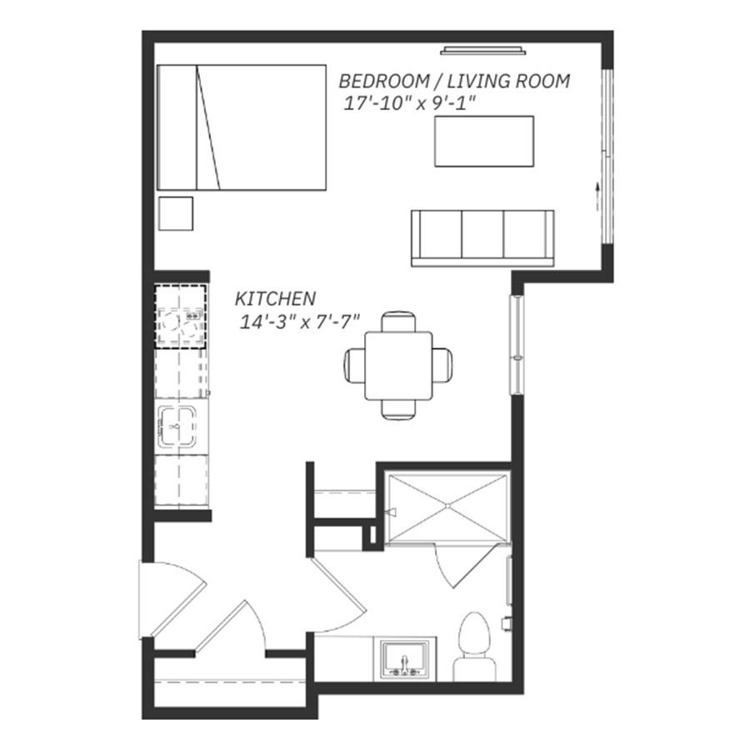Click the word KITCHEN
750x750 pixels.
click(275, 298)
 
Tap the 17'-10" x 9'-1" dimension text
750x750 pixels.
click(410, 103)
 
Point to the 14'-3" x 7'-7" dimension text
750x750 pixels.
click(299, 322)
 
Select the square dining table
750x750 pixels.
click(398, 366)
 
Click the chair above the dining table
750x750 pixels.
click(398, 321)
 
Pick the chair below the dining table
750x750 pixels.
click(398, 410)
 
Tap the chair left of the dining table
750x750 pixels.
click(354, 366)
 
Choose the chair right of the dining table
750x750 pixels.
click(442, 366)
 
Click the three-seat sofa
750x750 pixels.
click(482, 238)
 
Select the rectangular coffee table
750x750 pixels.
click(484, 141)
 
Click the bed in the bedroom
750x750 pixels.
click(242, 127)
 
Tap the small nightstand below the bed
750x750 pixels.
click(176, 213)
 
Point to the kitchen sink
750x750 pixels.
click(177, 427)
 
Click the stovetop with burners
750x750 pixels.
click(181, 317)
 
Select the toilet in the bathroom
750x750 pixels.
click(474, 647)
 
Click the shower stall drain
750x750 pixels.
click(447, 506)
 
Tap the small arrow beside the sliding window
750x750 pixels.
click(597, 196)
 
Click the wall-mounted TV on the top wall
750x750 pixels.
click(483, 50)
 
